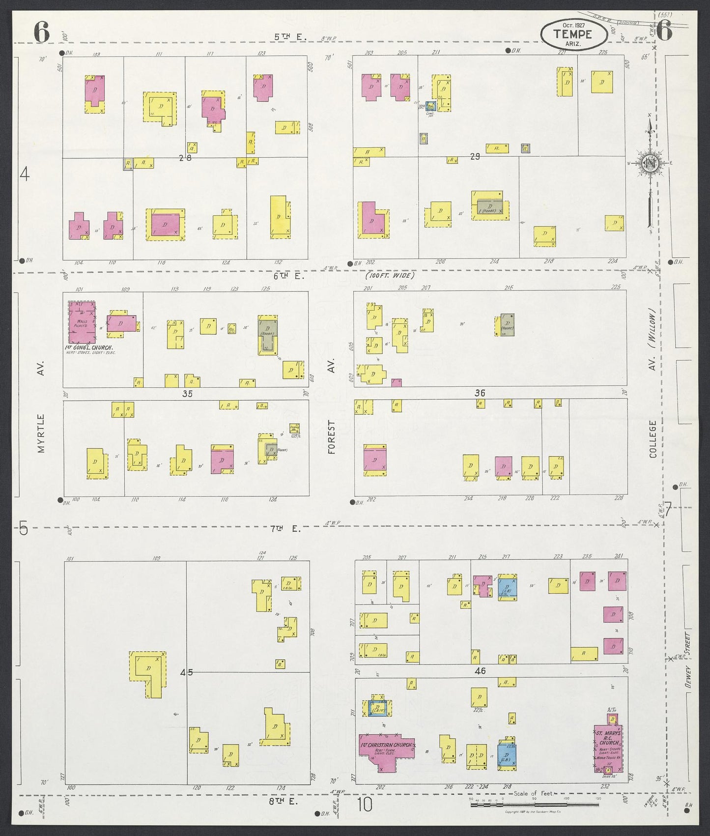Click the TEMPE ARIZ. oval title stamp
click(573, 34)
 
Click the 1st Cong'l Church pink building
click(82, 322)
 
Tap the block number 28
click(185, 158)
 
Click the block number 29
click(475, 157)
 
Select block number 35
click(187, 394)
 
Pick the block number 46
click(480, 671)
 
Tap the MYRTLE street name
click(41, 433)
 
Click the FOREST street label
click(332, 437)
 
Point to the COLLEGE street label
click(653, 439)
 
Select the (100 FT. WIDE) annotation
click(390, 276)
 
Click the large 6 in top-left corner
click(42, 33)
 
